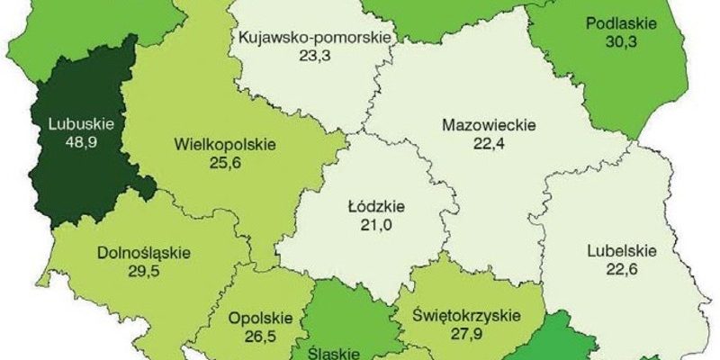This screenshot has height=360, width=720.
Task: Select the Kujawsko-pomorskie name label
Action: click(301, 38)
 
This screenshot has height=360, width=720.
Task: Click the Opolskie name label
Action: click(261, 318)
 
